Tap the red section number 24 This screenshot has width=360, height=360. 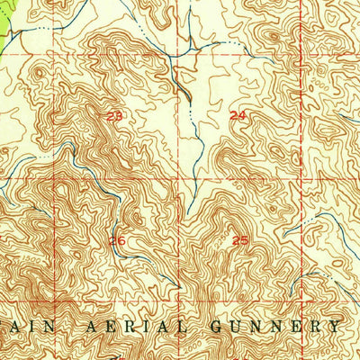[x=238, y=115]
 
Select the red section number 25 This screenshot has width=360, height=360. [x=240, y=239]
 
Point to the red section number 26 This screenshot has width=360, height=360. [x=117, y=240]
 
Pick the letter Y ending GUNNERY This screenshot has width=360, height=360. [x=337, y=326]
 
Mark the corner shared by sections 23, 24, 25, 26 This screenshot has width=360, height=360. [x=187, y=176]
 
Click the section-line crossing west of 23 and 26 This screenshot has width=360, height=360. [x=55, y=177]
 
